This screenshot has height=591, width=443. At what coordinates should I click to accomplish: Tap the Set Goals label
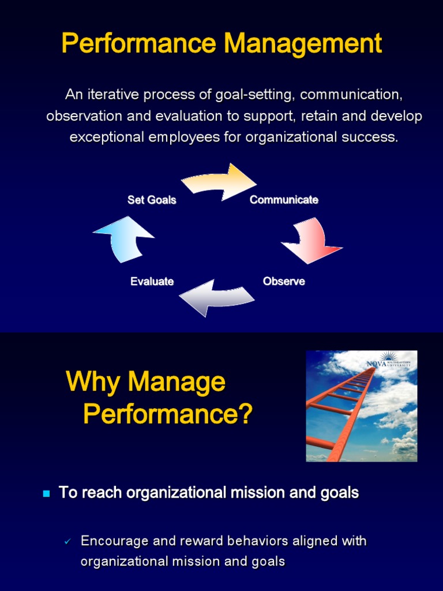tap(152, 200)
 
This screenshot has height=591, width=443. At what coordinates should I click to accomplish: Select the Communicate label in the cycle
tap(284, 200)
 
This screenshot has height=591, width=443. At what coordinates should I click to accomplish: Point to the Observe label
tap(284, 282)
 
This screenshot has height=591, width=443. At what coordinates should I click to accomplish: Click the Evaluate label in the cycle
tap(152, 282)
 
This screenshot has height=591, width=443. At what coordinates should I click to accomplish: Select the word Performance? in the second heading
tap(168, 414)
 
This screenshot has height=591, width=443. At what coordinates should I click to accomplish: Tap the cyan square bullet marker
tap(47, 493)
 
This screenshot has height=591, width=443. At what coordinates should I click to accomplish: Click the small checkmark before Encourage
tap(67, 542)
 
